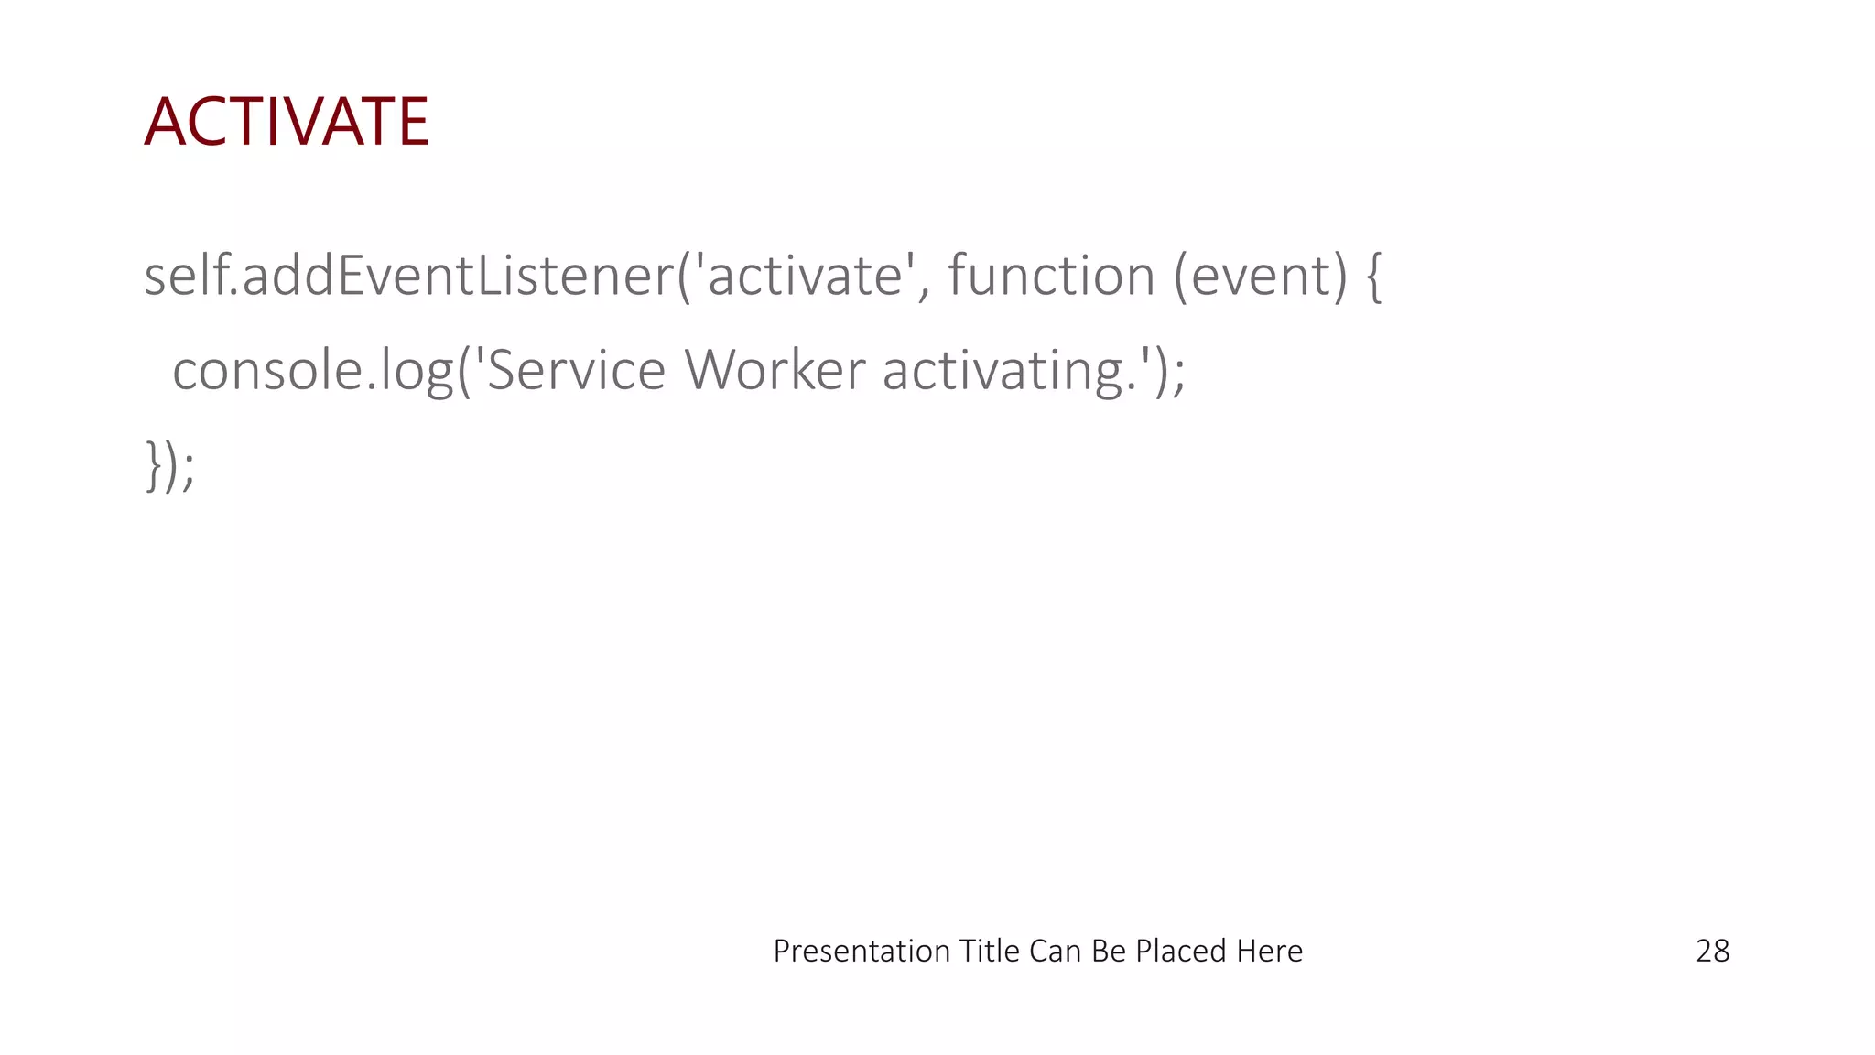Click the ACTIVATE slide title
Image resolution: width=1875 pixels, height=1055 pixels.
tap(287, 122)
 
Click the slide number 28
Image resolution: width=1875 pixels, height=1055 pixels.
tap(1712, 952)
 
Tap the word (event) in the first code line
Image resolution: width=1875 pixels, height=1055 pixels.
tap(1261, 276)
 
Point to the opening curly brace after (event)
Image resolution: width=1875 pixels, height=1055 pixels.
tap(1373, 277)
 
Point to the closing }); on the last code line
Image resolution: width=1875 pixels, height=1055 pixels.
tap(170, 465)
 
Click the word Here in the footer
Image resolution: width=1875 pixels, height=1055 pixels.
tap(1269, 952)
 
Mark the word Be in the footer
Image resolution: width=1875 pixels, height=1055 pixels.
tap(1109, 952)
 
